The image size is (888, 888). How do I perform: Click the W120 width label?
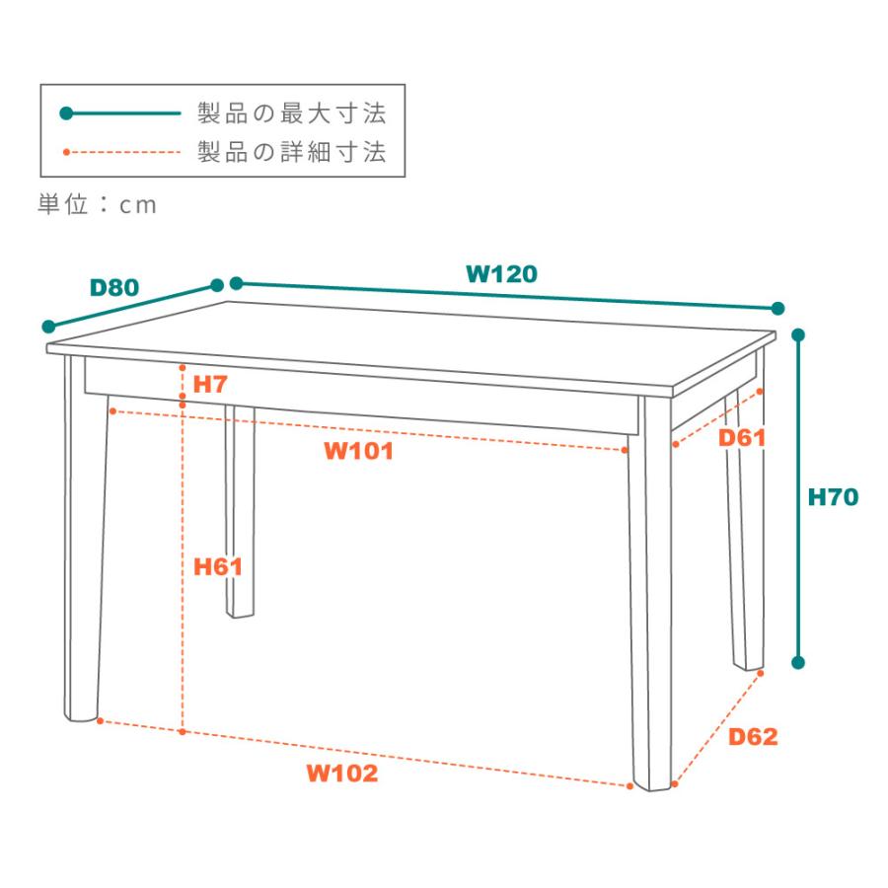501,274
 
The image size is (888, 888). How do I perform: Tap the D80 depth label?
113,288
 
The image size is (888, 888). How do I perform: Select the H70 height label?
833,497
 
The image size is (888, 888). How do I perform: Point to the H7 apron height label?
210,384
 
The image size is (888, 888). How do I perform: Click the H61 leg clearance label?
218,566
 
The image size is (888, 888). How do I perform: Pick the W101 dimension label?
358,452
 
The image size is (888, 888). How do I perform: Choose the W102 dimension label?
341,773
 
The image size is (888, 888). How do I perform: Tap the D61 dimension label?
742,437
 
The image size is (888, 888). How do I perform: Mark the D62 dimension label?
753,736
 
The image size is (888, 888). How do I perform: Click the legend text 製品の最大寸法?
291,113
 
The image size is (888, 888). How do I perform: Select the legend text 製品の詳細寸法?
291,153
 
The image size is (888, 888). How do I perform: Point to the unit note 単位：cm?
98,205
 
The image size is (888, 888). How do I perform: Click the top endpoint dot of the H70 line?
799,335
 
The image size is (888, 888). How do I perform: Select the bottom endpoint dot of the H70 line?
799,662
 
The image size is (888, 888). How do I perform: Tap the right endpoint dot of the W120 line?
777,309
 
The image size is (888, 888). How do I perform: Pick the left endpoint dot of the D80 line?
47,327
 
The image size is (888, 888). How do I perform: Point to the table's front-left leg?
85,543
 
